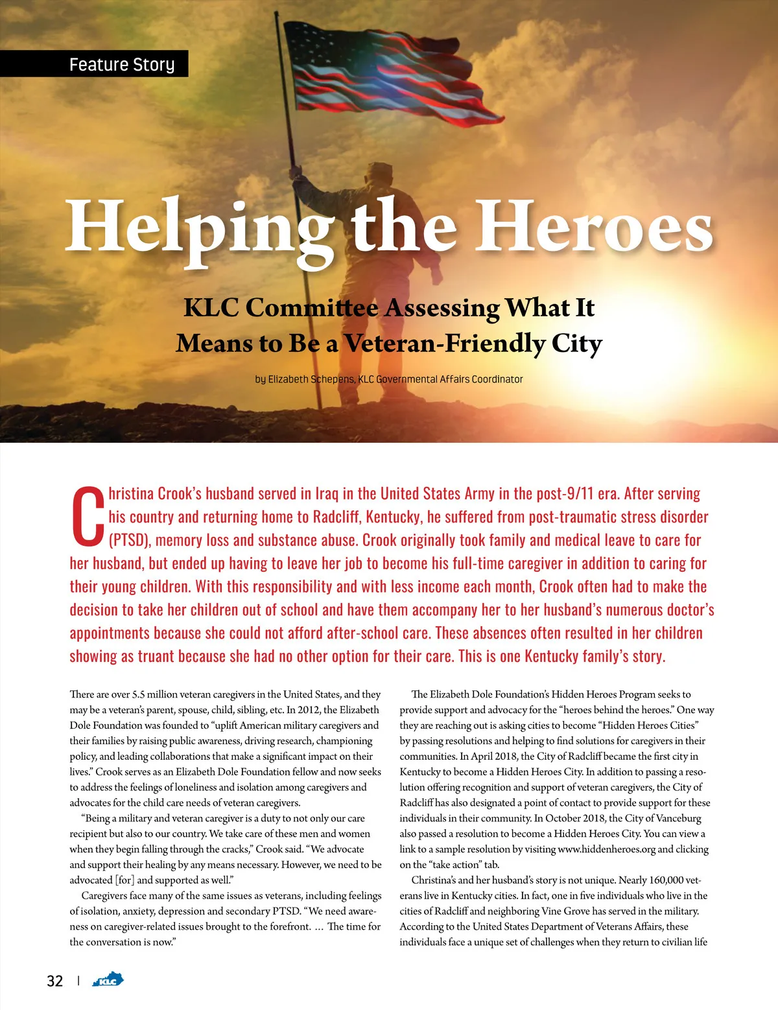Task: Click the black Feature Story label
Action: tap(95, 64)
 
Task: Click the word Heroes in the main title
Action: tap(595, 227)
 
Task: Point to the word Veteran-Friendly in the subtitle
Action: tap(445, 344)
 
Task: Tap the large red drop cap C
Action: tap(88, 516)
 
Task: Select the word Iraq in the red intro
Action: tap(327, 494)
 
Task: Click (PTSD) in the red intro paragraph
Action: tap(130, 541)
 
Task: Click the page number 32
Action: tap(55, 981)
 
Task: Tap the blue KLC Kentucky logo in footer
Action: tap(108, 980)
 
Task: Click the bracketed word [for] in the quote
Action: tap(124, 880)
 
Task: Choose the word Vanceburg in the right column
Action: tap(679, 818)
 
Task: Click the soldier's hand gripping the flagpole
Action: tap(296, 172)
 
